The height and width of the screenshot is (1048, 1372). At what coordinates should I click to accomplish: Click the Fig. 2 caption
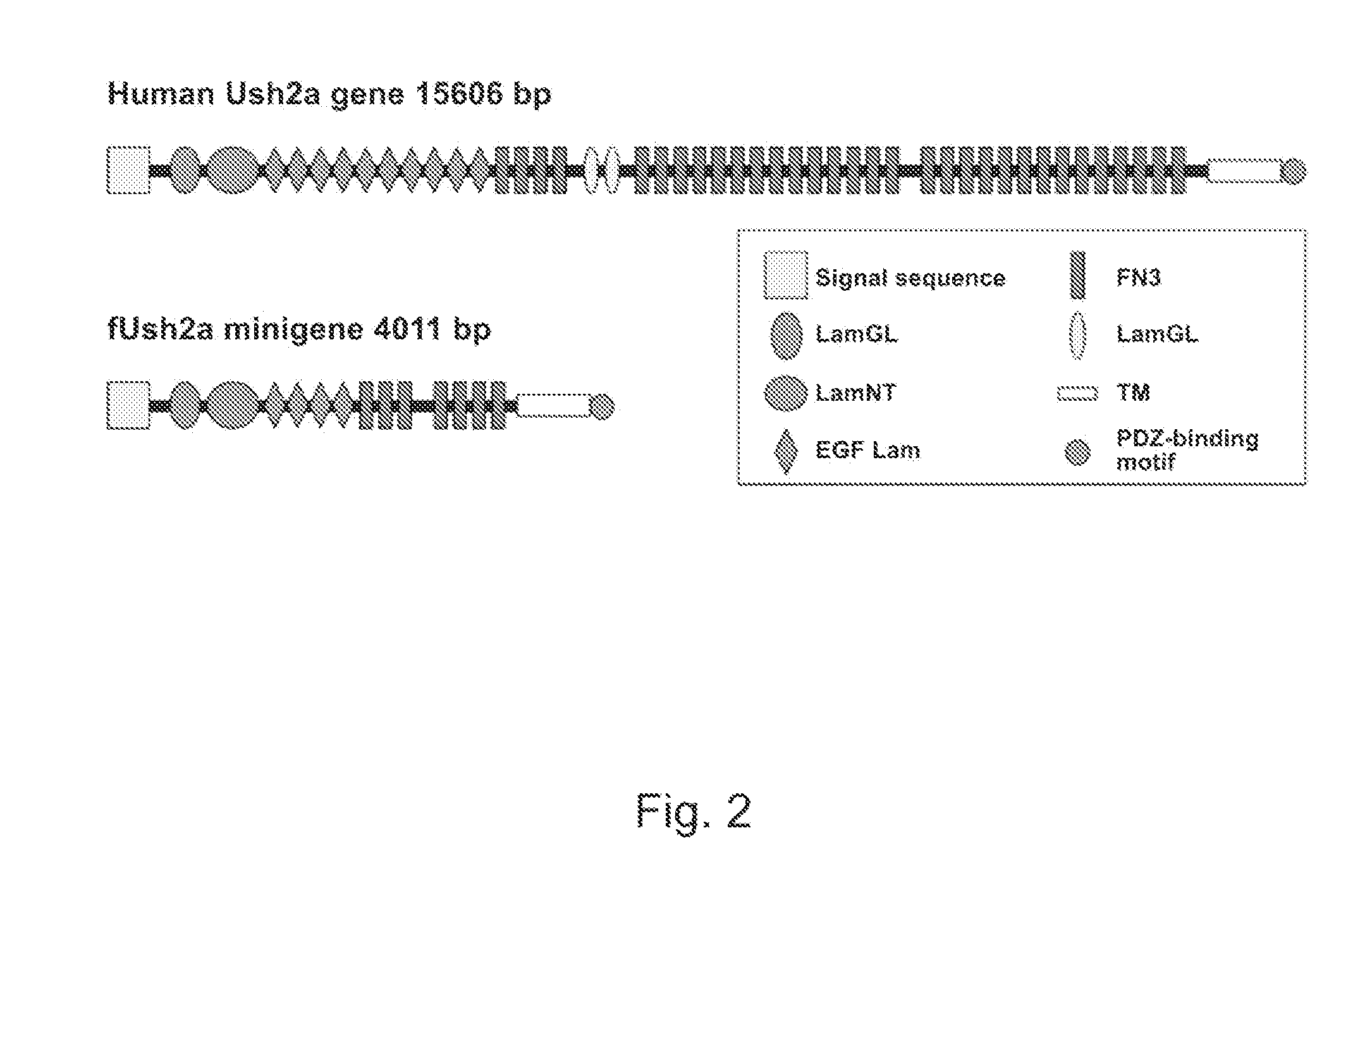coord(694,812)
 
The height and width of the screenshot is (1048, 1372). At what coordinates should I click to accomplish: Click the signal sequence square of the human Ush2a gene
coord(128,170)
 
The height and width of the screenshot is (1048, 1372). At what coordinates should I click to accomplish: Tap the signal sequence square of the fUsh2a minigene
coord(128,405)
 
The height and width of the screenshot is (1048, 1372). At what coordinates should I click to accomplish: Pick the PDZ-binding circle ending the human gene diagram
coord(1293,171)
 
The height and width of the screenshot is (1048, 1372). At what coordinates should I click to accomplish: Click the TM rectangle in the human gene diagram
coord(1244,171)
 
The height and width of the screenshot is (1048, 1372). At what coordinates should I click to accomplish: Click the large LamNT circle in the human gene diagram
coord(233,170)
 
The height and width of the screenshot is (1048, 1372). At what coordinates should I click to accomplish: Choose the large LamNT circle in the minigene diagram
coord(233,405)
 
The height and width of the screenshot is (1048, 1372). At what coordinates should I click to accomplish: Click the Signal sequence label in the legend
coord(910,278)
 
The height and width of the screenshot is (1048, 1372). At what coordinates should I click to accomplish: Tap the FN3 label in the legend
coord(1139,277)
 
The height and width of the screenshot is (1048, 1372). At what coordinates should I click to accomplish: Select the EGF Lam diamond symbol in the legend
coord(786,451)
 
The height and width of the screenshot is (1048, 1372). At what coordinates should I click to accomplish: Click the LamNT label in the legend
coord(855,393)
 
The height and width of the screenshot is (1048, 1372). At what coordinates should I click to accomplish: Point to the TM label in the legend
coord(1133,393)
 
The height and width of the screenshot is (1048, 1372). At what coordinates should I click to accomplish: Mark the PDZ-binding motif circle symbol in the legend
coord(1078,453)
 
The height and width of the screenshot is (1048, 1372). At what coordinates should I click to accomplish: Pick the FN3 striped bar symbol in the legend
coord(1078,276)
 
